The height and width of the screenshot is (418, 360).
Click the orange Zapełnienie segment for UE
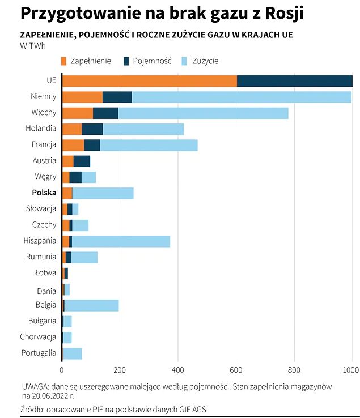[x=149, y=81]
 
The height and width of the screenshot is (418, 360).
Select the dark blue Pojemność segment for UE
[x=294, y=81]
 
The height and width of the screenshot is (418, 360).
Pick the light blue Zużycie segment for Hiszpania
[x=121, y=241]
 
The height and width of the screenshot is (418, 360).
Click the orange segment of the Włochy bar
[x=77, y=113]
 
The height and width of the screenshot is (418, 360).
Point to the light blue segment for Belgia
[x=91, y=305]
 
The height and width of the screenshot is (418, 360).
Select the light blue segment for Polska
[x=103, y=193]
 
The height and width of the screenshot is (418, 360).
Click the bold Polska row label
[x=44, y=193]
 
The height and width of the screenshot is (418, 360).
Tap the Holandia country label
[x=41, y=129]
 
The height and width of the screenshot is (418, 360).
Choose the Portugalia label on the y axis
[x=39, y=353]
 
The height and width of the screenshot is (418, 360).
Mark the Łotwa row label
[x=45, y=273]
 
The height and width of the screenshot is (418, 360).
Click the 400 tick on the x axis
[x=178, y=370]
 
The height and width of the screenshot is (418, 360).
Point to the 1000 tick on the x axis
[x=351, y=370]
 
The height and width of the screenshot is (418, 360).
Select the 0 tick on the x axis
[x=62, y=370]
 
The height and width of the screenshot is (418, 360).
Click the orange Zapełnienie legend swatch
[x=63, y=61]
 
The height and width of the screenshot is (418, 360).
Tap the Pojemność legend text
[x=152, y=61]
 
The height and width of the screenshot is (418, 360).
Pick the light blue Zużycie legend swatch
[x=185, y=61]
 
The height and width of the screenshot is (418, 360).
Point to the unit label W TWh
[x=33, y=46]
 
